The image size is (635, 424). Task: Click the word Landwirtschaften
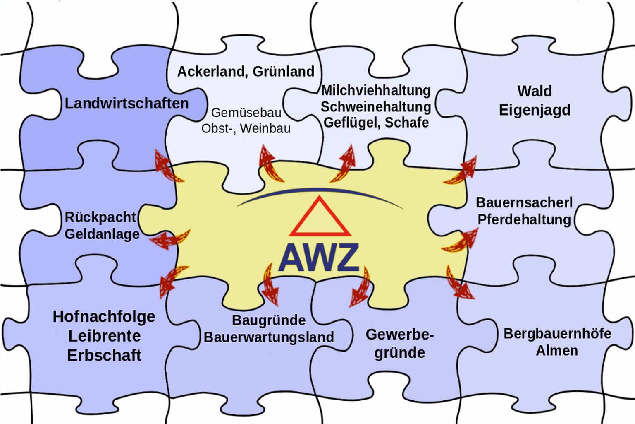127,103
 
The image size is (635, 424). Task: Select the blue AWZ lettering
319,258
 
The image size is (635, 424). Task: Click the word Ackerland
211,72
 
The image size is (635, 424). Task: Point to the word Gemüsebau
246,113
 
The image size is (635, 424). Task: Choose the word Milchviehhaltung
376,90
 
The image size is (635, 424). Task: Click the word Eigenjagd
534,110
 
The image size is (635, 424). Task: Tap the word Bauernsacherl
524,202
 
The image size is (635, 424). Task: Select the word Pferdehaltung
524,219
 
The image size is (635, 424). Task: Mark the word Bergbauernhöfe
557,333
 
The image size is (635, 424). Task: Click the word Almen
557,351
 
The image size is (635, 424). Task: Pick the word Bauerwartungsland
269,337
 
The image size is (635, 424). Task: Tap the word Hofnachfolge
104,317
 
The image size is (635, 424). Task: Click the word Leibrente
104,336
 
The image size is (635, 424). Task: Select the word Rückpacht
100,217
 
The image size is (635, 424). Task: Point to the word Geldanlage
102,234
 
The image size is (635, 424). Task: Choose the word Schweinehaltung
376,107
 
